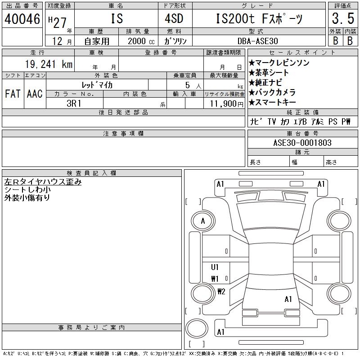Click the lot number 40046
22,19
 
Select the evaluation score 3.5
342,19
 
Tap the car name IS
116,19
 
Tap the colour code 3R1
74,103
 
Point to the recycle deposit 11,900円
224,103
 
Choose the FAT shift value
13,94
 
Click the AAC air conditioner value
35,94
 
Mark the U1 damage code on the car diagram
215,267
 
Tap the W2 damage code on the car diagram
221,292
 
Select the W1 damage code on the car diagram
215,279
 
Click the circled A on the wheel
203,221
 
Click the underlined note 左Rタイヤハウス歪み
43,182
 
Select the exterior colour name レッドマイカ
97,84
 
